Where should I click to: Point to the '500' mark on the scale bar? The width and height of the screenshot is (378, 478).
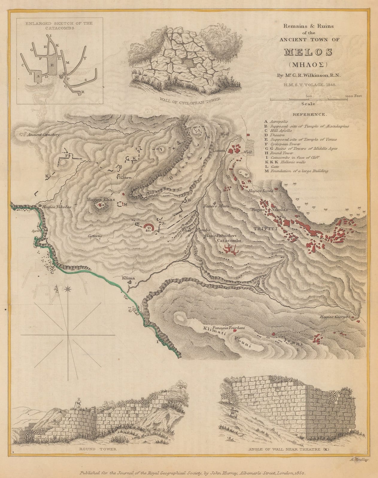point(309,96)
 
